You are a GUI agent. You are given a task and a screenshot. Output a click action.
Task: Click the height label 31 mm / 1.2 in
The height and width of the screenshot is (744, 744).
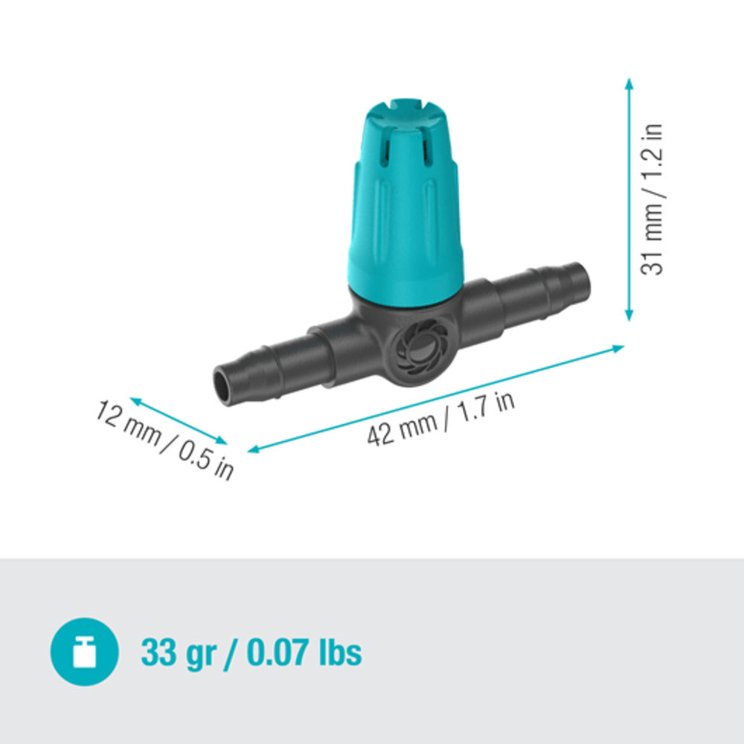click(652, 199)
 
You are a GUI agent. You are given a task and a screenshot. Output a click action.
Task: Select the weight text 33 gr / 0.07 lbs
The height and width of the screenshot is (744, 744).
click(251, 652)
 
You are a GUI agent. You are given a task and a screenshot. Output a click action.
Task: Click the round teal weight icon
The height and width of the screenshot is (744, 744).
click(84, 652)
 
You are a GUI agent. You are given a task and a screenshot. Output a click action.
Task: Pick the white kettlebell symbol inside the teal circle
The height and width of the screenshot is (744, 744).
click(84, 652)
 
